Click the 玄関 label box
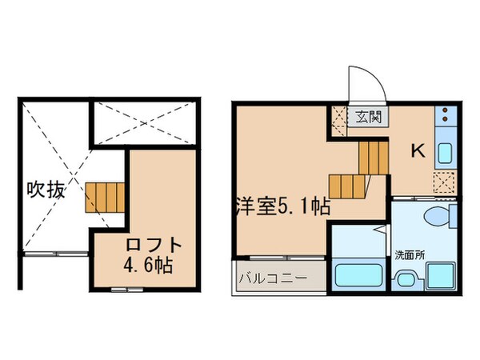coord(369,116)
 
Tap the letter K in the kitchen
coord(417,150)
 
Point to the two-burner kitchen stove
coord(444,119)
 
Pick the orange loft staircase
coord(106,194)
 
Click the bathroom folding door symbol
coord(383,240)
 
